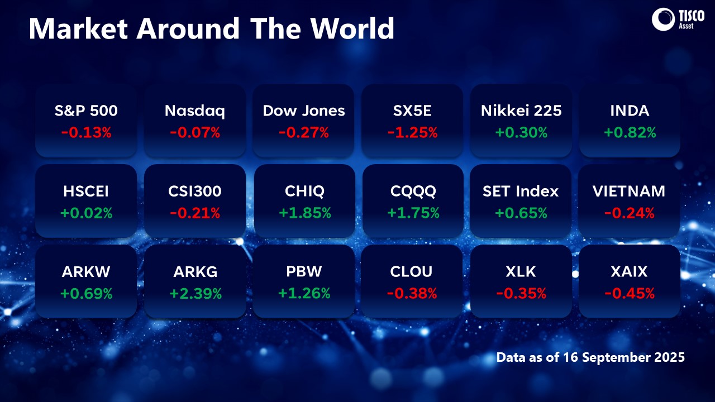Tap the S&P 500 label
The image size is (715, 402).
[86, 111]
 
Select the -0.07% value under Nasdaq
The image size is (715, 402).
[195, 132]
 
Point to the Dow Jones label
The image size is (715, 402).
[304, 111]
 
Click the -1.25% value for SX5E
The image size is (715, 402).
[412, 132]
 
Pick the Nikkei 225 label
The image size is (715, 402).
[521, 111]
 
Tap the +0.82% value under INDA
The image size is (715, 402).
[630, 132]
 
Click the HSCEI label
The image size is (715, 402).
[86, 192]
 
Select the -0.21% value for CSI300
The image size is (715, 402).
[195, 213]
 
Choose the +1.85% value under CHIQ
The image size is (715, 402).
[304, 213]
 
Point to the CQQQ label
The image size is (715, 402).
[412, 192]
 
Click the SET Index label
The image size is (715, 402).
[521, 192]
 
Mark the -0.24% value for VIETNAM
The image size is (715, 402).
[630, 213]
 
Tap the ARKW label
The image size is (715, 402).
[86, 272]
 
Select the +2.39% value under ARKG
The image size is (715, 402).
[195, 293]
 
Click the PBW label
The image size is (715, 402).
[304, 272]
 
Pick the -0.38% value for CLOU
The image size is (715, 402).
[412, 293]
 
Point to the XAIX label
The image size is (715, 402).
[630, 272]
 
